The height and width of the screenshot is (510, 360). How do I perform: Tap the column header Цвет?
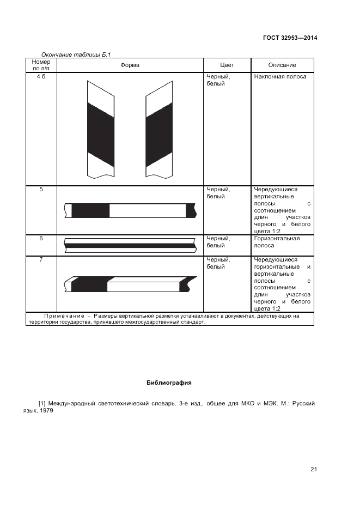tap(227, 65)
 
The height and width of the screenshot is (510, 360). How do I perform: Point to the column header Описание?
tap(282, 65)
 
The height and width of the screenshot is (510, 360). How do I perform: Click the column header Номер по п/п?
tap(41, 65)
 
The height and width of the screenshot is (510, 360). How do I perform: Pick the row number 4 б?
tap(41, 77)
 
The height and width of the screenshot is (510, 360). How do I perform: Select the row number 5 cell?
tap(41, 190)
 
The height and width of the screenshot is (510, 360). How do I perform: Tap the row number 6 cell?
tap(41, 239)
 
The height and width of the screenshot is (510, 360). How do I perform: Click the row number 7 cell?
tap(41, 260)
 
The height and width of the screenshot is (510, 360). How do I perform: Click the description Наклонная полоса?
tap(280, 77)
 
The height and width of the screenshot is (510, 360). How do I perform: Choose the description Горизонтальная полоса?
tap(277, 242)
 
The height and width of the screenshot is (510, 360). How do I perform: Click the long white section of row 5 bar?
tap(148, 210)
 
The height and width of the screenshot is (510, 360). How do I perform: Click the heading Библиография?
tap(169, 382)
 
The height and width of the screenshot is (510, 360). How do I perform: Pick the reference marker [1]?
tap(42, 404)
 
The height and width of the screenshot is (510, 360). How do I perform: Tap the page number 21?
tap(314, 469)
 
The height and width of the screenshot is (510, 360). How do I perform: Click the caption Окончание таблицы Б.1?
tap(76, 54)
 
